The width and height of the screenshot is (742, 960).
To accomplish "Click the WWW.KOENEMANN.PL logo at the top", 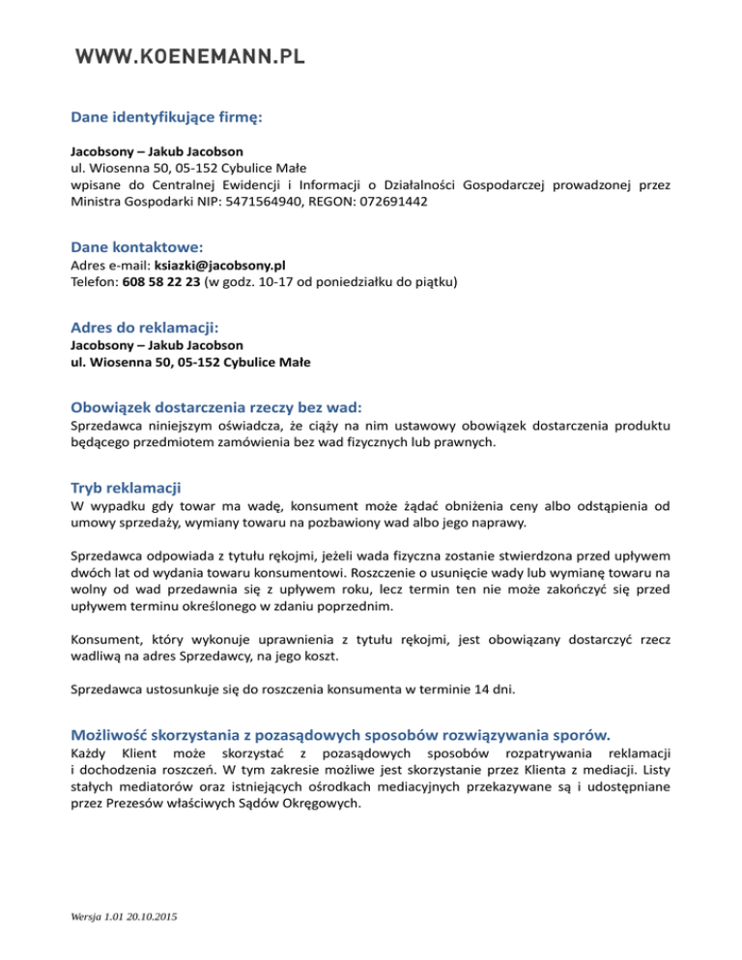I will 190,56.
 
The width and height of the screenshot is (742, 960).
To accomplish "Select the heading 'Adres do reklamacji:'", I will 146,327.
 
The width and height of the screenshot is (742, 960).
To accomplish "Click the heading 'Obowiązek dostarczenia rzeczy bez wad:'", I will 223,408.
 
